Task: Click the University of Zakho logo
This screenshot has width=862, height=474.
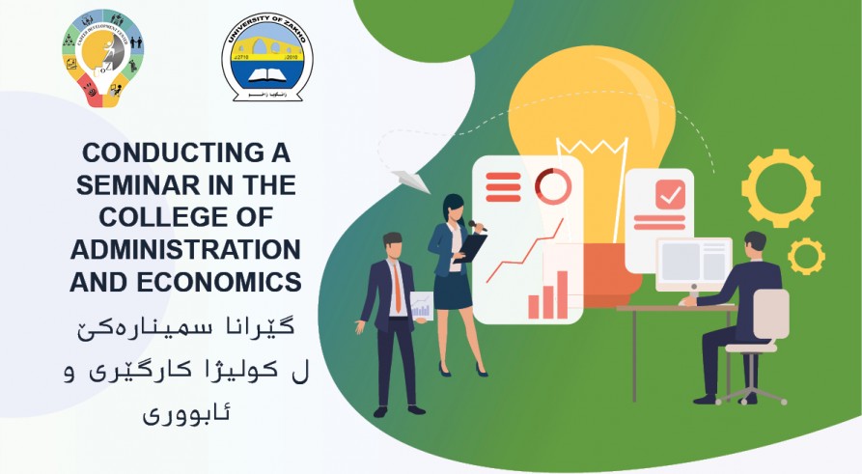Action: pos(266,56)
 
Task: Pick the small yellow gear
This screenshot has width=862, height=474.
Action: pos(806,256)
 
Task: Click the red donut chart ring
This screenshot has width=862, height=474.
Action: pos(553,184)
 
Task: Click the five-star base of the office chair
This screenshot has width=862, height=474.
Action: pos(752,393)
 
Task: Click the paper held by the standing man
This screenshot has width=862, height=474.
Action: pos(421,305)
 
